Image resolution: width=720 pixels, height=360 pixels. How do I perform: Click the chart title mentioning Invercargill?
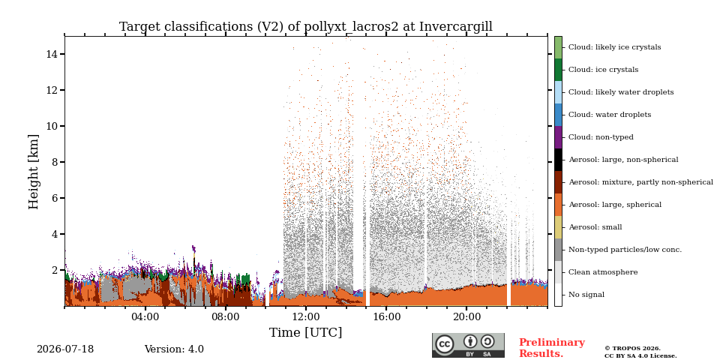click(x=306, y=27)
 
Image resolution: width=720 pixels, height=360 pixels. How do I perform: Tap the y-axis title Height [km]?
click(x=34, y=172)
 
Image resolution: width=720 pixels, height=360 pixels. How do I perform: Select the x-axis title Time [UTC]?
click(x=306, y=332)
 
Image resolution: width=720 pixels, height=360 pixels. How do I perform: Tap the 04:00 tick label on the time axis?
click(x=145, y=316)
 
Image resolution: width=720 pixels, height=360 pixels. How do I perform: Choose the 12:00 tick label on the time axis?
click(x=306, y=316)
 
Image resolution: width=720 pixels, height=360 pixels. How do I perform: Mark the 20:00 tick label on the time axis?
click(x=466, y=316)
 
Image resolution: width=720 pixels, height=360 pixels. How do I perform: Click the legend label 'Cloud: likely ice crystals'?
click(x=615, y=47)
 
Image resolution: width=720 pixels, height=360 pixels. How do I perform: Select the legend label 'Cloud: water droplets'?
click(x=610, y=115)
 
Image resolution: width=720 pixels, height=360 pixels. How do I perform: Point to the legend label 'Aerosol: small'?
click(x=595, y=227)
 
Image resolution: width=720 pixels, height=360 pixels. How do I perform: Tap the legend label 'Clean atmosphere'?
click(x=603, y=272)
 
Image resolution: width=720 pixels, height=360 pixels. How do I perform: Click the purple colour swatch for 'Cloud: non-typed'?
click(x=558, y=137)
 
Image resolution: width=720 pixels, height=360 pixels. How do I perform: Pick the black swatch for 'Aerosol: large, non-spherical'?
click(x=558, y=160)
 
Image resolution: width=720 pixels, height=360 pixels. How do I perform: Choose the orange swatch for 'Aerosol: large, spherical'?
click(x=558, y=205)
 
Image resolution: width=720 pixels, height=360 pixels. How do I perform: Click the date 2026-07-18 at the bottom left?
click(x=65, y=349)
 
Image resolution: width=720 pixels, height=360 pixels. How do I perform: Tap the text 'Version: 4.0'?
click(x=174, y=349)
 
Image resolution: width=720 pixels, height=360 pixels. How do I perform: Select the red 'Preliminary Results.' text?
click(x=552, y=348)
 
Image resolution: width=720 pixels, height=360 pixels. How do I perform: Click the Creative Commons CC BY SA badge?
click(x=468, y=345)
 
